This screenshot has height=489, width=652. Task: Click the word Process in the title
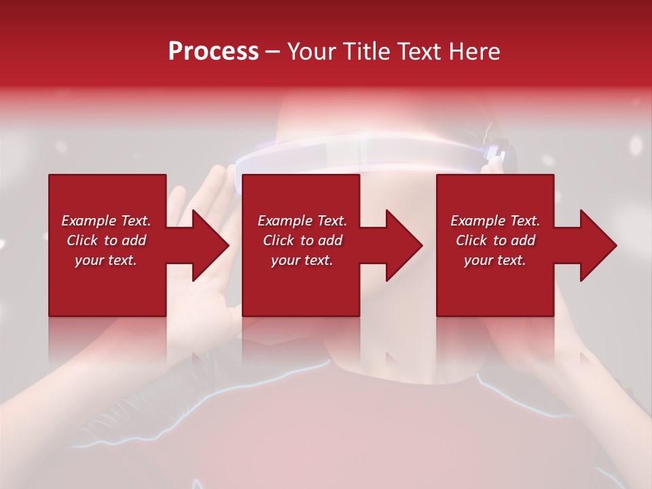pos(213,52)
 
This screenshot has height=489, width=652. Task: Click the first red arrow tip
pos(227,245)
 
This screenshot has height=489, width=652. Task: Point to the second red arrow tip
pos(420,245)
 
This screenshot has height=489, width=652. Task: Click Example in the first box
pos(87,221)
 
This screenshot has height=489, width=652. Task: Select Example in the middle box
pos(283,221)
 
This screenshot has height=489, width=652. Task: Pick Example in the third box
pos(476,221)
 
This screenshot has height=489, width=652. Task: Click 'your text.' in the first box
pos(105,260)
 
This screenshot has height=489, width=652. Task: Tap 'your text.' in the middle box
pos(302,260)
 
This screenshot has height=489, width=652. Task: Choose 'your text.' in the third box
pos(494,260)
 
